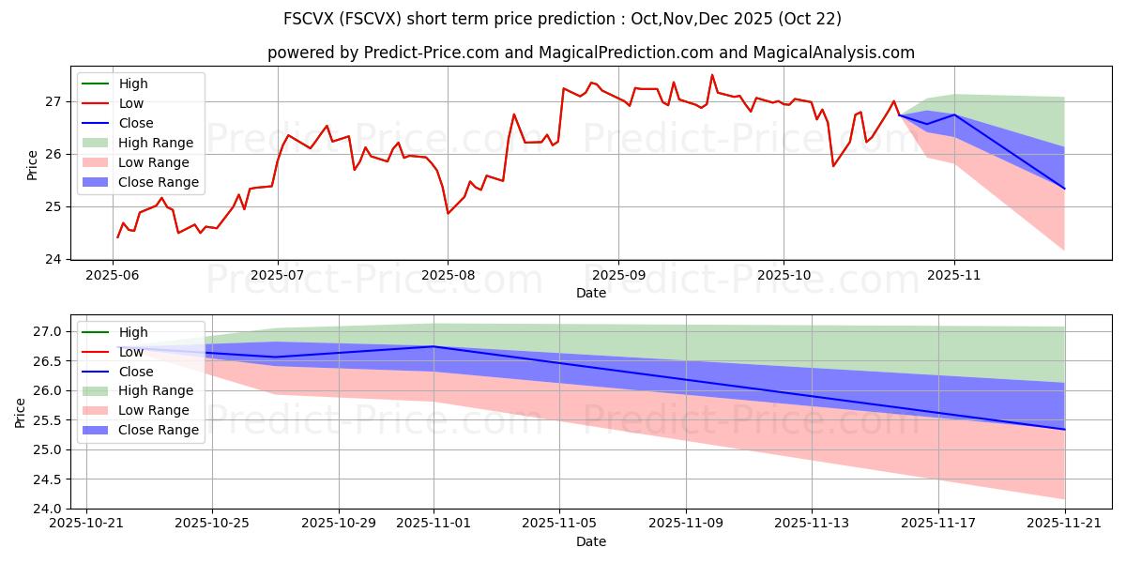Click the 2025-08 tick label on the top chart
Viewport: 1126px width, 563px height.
click(x=448, y=275)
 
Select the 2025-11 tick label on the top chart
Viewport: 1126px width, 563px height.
click(x=954, y=275)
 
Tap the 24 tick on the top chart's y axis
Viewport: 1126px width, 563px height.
click(x=53, y=259)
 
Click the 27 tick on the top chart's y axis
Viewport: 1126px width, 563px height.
click(x=53, y=101)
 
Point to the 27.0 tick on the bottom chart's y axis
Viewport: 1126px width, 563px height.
click(x=50, y=331)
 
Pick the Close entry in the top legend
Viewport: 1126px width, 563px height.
click(x=136, y=123)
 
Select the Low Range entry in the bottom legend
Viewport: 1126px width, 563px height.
click(x=153, y=410)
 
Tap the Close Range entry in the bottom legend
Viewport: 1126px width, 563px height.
click(x=159, y=430)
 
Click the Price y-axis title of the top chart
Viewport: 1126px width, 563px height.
click(x=32, y=165)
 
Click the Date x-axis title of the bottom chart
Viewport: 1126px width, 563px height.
click(x=591, y=541)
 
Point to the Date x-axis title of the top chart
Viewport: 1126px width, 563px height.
click(x=591, y=293)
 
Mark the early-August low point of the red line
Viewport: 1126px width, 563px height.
click(x=448, y=213)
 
